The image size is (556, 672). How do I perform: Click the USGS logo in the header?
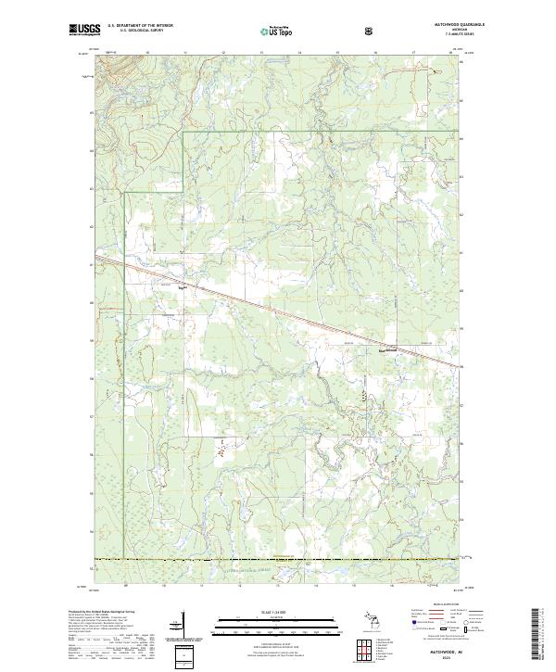86,30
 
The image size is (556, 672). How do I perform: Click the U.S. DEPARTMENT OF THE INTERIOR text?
140,26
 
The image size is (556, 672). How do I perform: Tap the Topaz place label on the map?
183,287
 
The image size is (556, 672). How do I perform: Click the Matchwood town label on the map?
385,349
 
